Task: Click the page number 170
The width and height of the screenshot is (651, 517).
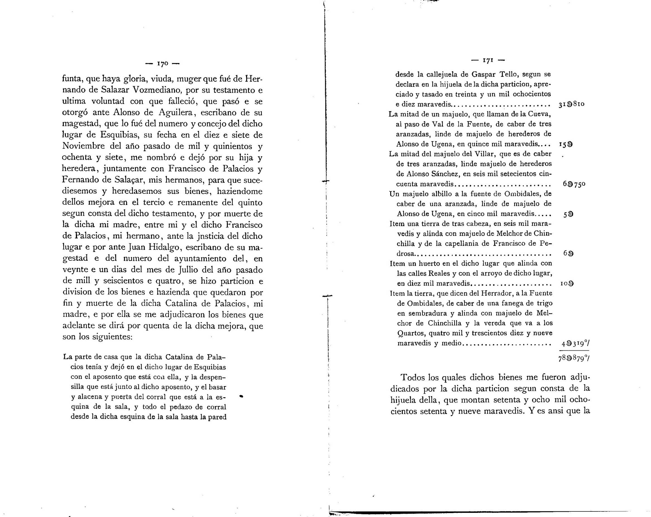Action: pyautogui.click(x=162, y=64)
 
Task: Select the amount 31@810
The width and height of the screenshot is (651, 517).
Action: pyautogui.click(x=571, y=104)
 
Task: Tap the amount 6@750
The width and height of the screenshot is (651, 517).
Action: pyautogui.click(x=574, y=184)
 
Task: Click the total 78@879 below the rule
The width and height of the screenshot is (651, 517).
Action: pyautogui.click(x=574, y=358)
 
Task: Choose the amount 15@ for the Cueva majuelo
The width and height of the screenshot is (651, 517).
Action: pyautogui.click(x=566, y=144)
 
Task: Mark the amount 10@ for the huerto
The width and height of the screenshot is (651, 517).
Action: pyautogui.click(x=567, y=284)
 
